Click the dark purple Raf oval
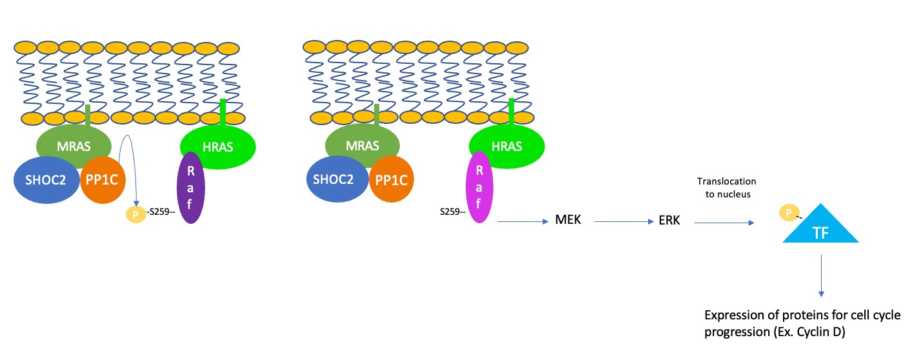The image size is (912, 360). (190, 188)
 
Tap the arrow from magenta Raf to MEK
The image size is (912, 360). (519, 221)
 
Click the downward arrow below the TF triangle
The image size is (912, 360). (822, 274)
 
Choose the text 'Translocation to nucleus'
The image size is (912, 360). (726, 188)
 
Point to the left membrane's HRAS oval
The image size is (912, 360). (218, 146)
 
